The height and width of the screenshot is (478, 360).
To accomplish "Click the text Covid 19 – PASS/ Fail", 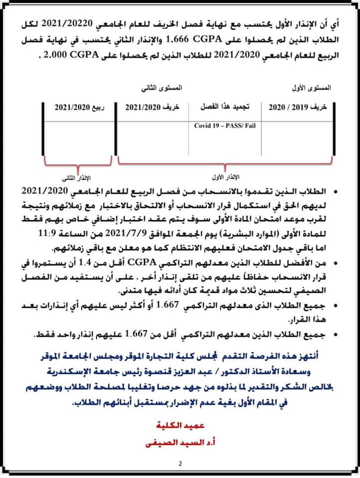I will click(224, 125).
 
